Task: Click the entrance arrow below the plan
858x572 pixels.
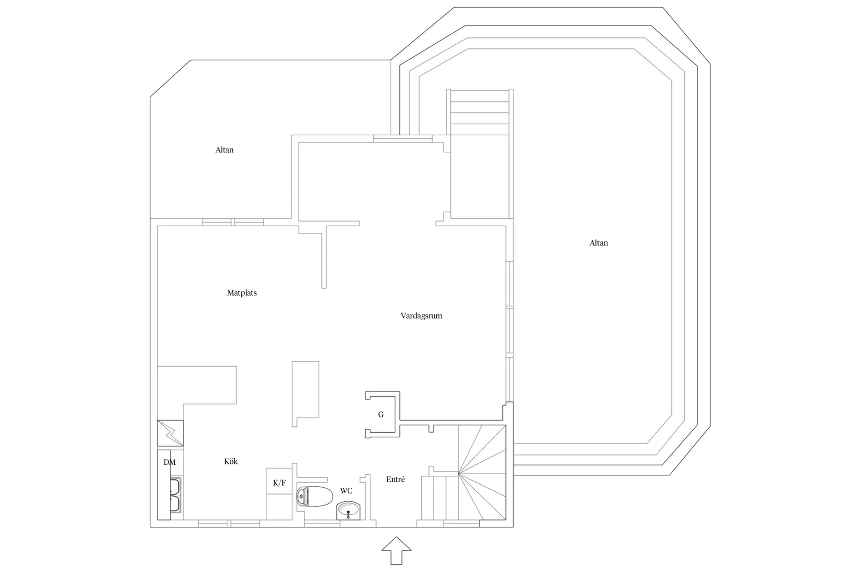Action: coord(396,551)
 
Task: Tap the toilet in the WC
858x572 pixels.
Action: coord(314,497)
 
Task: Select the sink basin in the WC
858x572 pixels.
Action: coord(348,511)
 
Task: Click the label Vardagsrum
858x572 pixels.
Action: coord(421,316)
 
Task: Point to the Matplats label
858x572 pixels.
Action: coord(242,293)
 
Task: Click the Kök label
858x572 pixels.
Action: coord(231,461)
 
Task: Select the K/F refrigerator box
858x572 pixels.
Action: coord(279,483)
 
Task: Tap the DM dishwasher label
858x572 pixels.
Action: coord(170,462)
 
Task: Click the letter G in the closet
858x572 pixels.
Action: coord(381,414)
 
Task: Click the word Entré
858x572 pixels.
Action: coord(396,479)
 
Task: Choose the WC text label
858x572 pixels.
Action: coord(346,491)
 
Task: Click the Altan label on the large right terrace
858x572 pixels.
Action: coord(599,243)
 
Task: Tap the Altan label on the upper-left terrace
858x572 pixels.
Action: coord(225,150)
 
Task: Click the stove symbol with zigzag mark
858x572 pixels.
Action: coord(170,433)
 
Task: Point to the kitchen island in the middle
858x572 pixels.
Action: coord(305,393)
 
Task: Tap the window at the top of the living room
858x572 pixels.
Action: coord(402,138)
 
